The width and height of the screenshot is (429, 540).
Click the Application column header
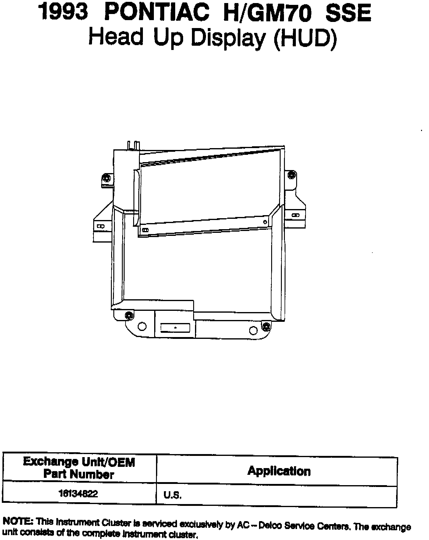[279, 471]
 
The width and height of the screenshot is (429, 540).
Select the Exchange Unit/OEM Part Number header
[79, 468]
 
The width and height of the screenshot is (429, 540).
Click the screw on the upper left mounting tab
[106, 178]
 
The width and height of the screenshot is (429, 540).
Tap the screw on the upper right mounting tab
[292, 175]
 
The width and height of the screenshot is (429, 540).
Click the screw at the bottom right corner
[266, 327]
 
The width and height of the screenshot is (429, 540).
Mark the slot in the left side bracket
[101, 226]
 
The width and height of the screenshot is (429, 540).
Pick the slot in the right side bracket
[295, 215]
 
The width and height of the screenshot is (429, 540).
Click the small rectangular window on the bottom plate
[175, 328]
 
